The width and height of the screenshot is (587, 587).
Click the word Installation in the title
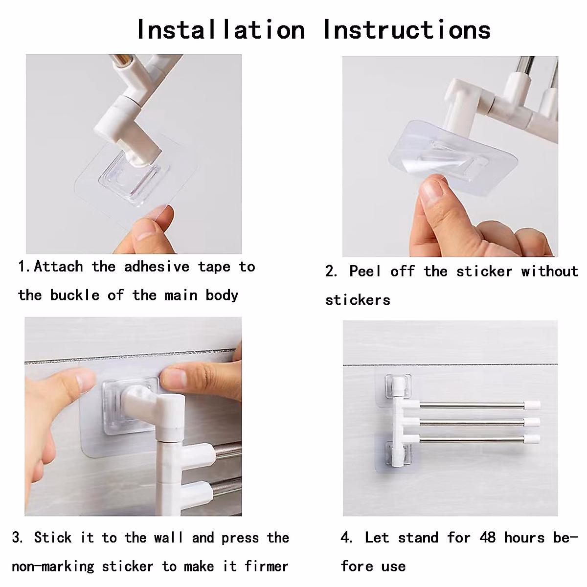coord(221,30)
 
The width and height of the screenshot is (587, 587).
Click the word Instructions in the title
coord(407,30)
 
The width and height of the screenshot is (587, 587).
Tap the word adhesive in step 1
coord(157,267)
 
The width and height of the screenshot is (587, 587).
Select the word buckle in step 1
coord(75,295)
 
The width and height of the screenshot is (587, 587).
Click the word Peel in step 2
coord(365,271)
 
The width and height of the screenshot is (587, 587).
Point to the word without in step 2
coord(550,271)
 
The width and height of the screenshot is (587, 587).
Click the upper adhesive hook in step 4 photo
coord(398,386)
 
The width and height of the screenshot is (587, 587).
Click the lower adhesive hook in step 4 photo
coord(398,453)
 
